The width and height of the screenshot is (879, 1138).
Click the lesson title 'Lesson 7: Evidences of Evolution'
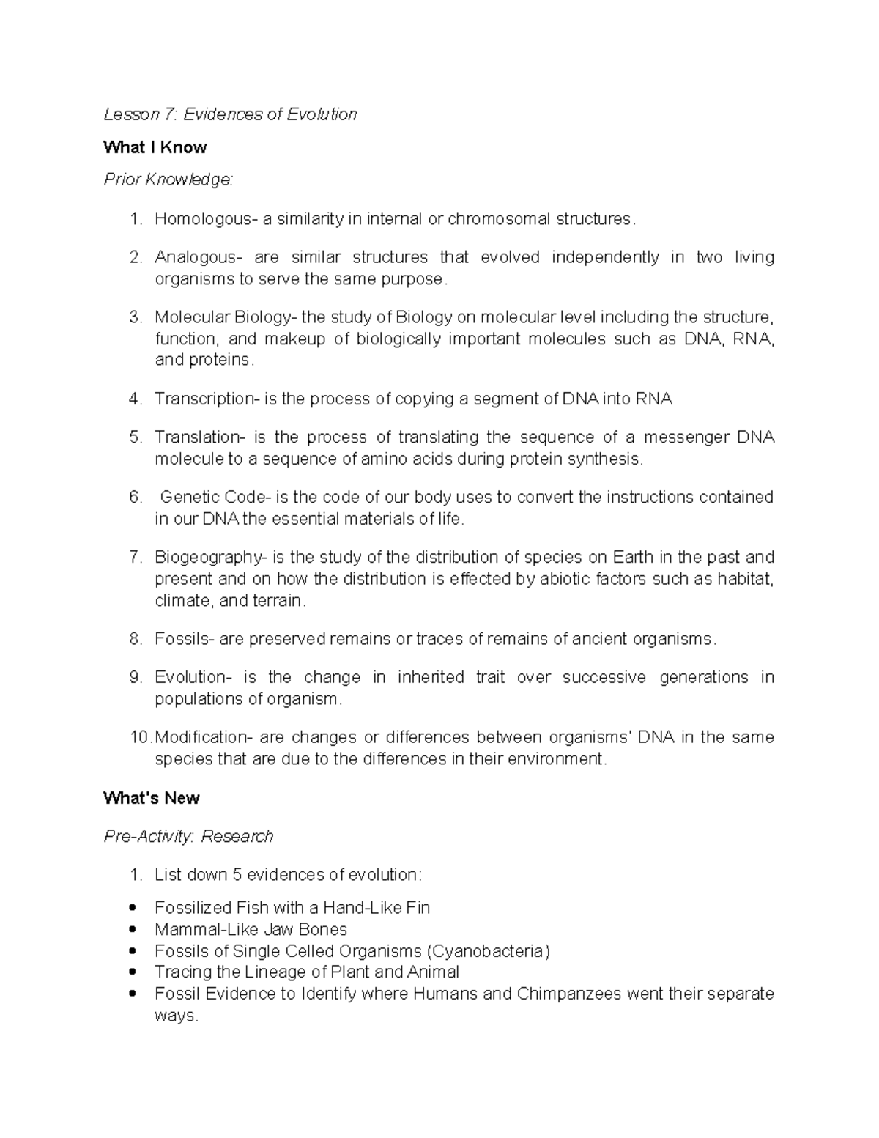(x=230, y=114)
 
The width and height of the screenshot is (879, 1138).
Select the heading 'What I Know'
(x=155, y=147)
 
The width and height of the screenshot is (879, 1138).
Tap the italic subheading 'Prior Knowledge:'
(x=168, y=180)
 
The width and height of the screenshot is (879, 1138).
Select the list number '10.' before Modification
(x=140, y=737)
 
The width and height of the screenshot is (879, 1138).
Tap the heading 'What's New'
(x=151, y=798)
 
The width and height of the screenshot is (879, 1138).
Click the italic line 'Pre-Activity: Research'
(x=188, y=836)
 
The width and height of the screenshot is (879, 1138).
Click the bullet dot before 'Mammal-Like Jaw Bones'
(x=132, y=929)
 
